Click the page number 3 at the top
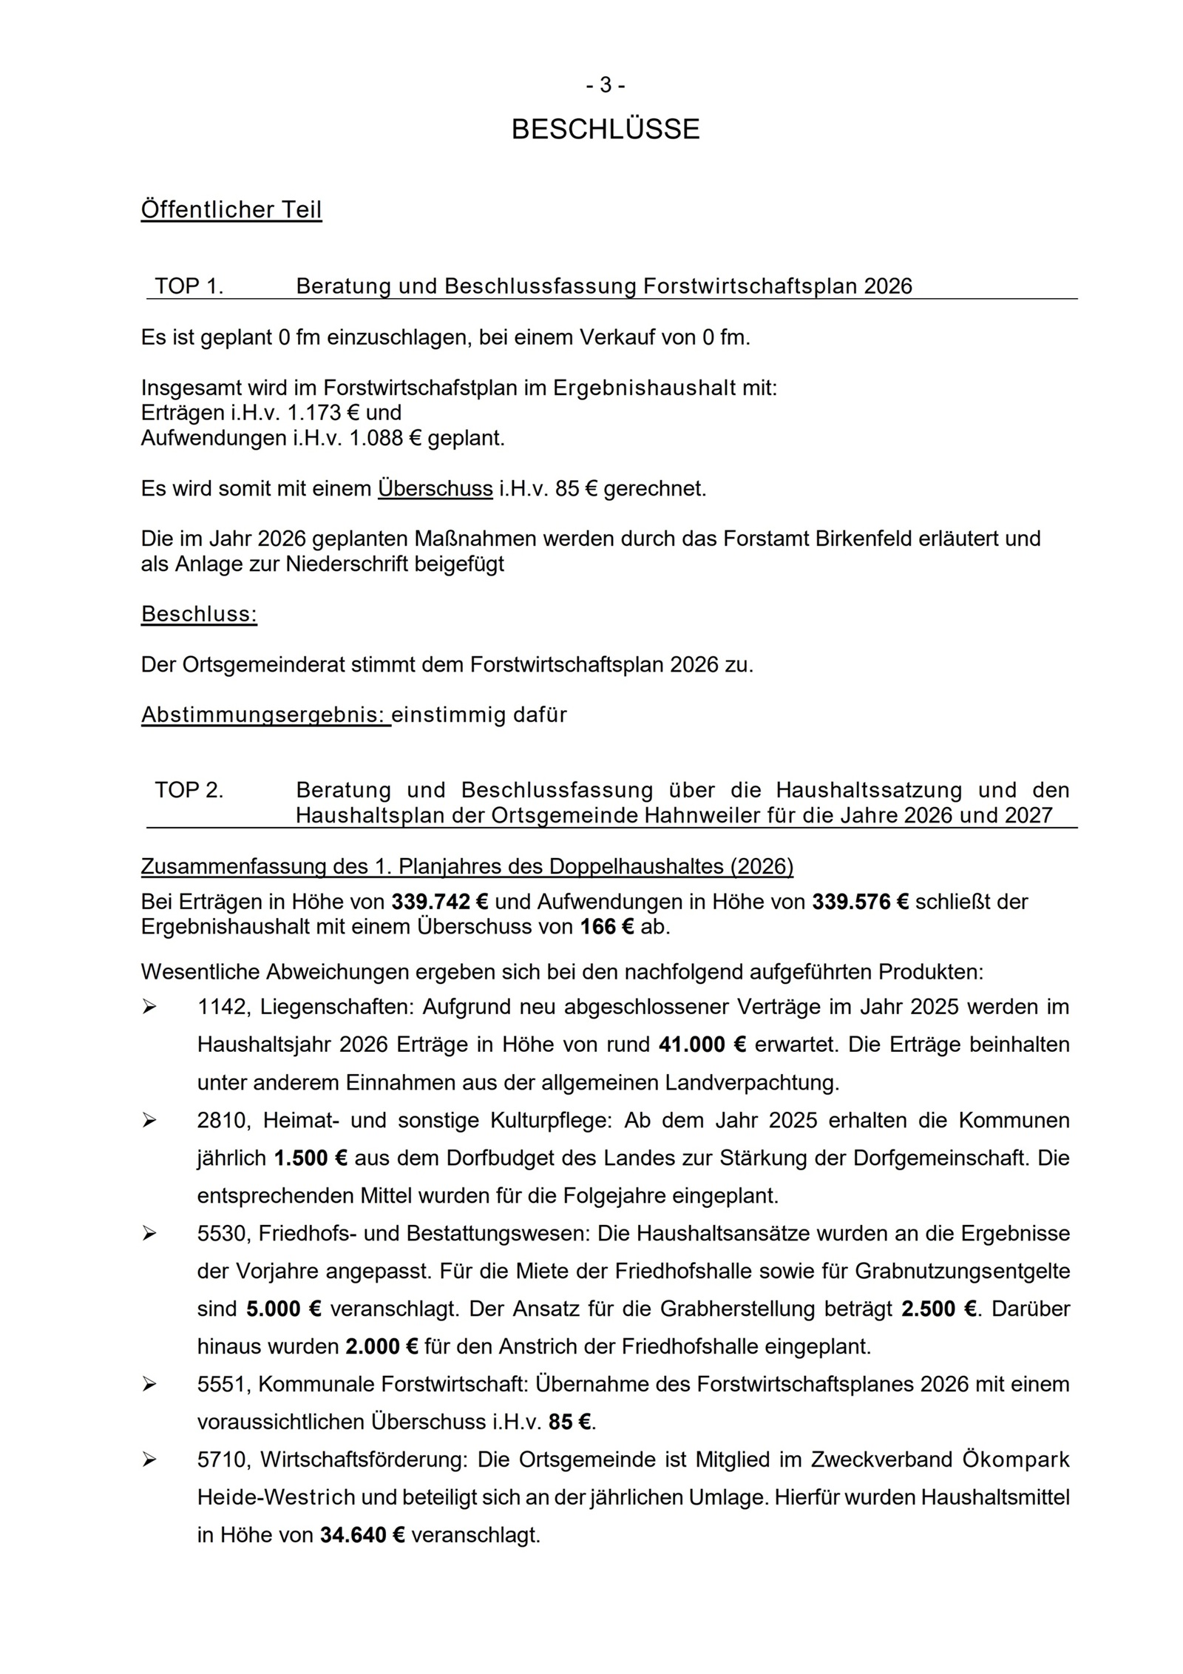[x=606, y=86]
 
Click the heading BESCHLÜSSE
[x=605, y=129]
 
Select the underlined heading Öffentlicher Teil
[x=231, y=210]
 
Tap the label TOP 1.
[x=189, y=286]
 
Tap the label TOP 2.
[x=189, y=790]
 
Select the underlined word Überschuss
[x=435, y=489]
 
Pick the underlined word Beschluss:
[x=199, y=614]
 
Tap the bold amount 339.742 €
[x=440, y=902]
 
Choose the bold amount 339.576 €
[x=860, y=902]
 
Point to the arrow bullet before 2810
[x=149, y=1121]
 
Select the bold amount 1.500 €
[x=311, y=1158]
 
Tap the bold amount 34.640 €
[x=362, y=1535]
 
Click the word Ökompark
[x=1016, y=1459]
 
